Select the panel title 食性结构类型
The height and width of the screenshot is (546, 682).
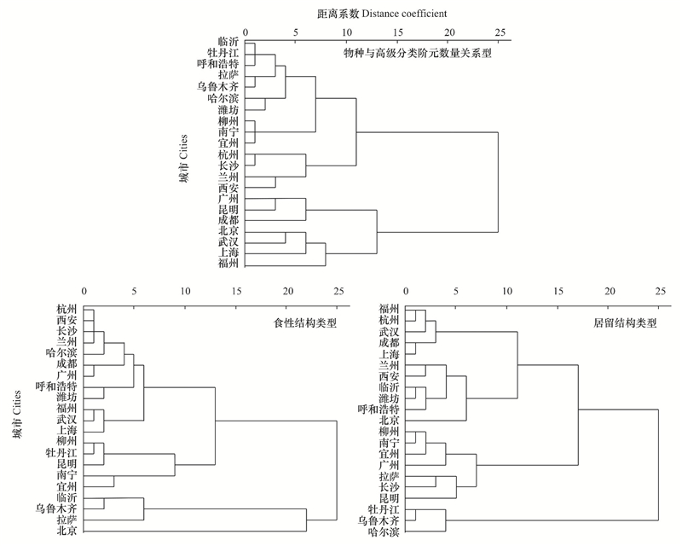(305, 323)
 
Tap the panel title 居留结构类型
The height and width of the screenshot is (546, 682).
(626, 323)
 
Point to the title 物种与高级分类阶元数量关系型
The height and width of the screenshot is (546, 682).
(418, 53)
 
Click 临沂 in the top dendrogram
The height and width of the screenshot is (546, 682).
(228, 42)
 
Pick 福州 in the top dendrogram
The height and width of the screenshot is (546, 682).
(228, 264)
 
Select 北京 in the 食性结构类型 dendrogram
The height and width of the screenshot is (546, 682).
(67, 531)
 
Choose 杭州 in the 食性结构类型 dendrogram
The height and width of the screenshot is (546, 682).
(67, 310)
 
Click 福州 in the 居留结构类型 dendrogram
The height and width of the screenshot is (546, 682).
(389, 309)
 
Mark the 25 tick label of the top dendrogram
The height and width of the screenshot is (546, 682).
(500, 32)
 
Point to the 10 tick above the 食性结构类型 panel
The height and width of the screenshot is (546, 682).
(185, 291)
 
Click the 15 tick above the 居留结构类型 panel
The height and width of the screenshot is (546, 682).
(558, 291)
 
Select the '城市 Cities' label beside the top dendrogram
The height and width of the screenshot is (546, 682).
(184, 159)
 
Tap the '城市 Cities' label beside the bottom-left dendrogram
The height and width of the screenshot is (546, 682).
(16, 415)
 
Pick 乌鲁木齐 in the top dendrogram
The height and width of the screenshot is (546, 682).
(218, 86)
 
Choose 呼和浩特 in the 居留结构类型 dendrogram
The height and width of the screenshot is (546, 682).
(379, 409)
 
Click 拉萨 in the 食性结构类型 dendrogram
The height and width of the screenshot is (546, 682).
(67, 520)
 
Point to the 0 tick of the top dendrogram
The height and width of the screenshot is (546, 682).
(246, 32)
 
